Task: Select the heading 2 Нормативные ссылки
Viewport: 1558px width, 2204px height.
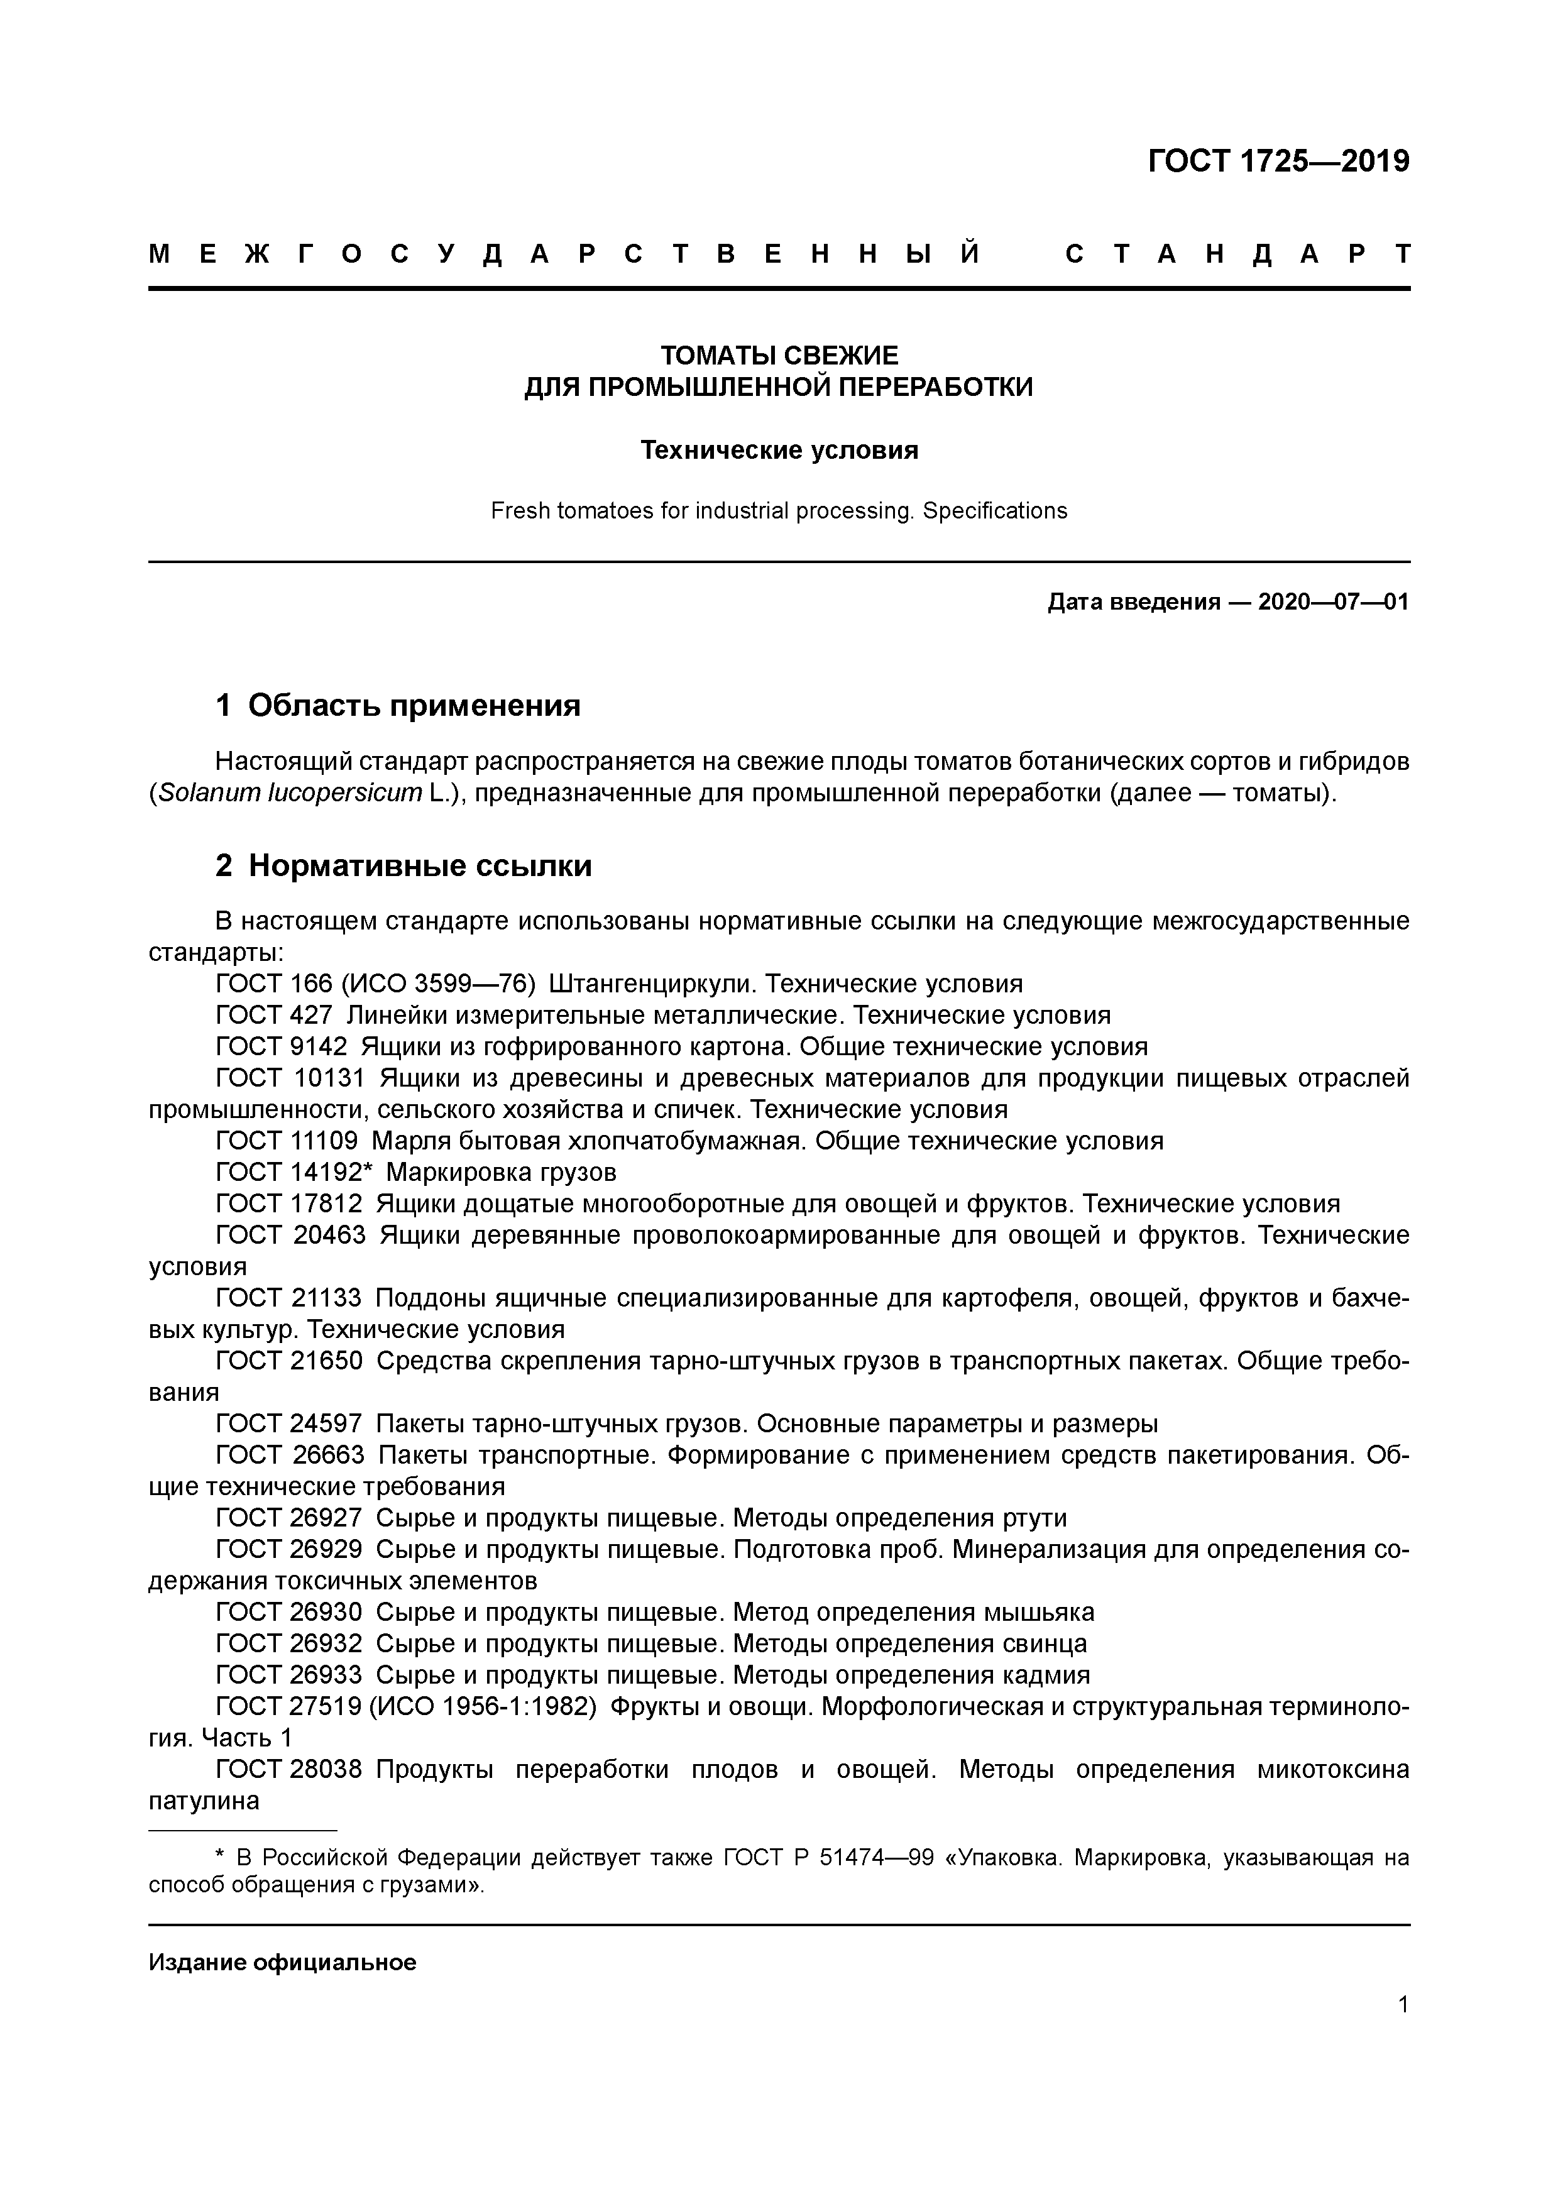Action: (x=403, y=866)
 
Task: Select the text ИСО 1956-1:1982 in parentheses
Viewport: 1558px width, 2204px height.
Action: (x=488, y=1707)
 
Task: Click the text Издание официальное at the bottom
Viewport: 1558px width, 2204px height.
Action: (x=282, y=1962)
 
